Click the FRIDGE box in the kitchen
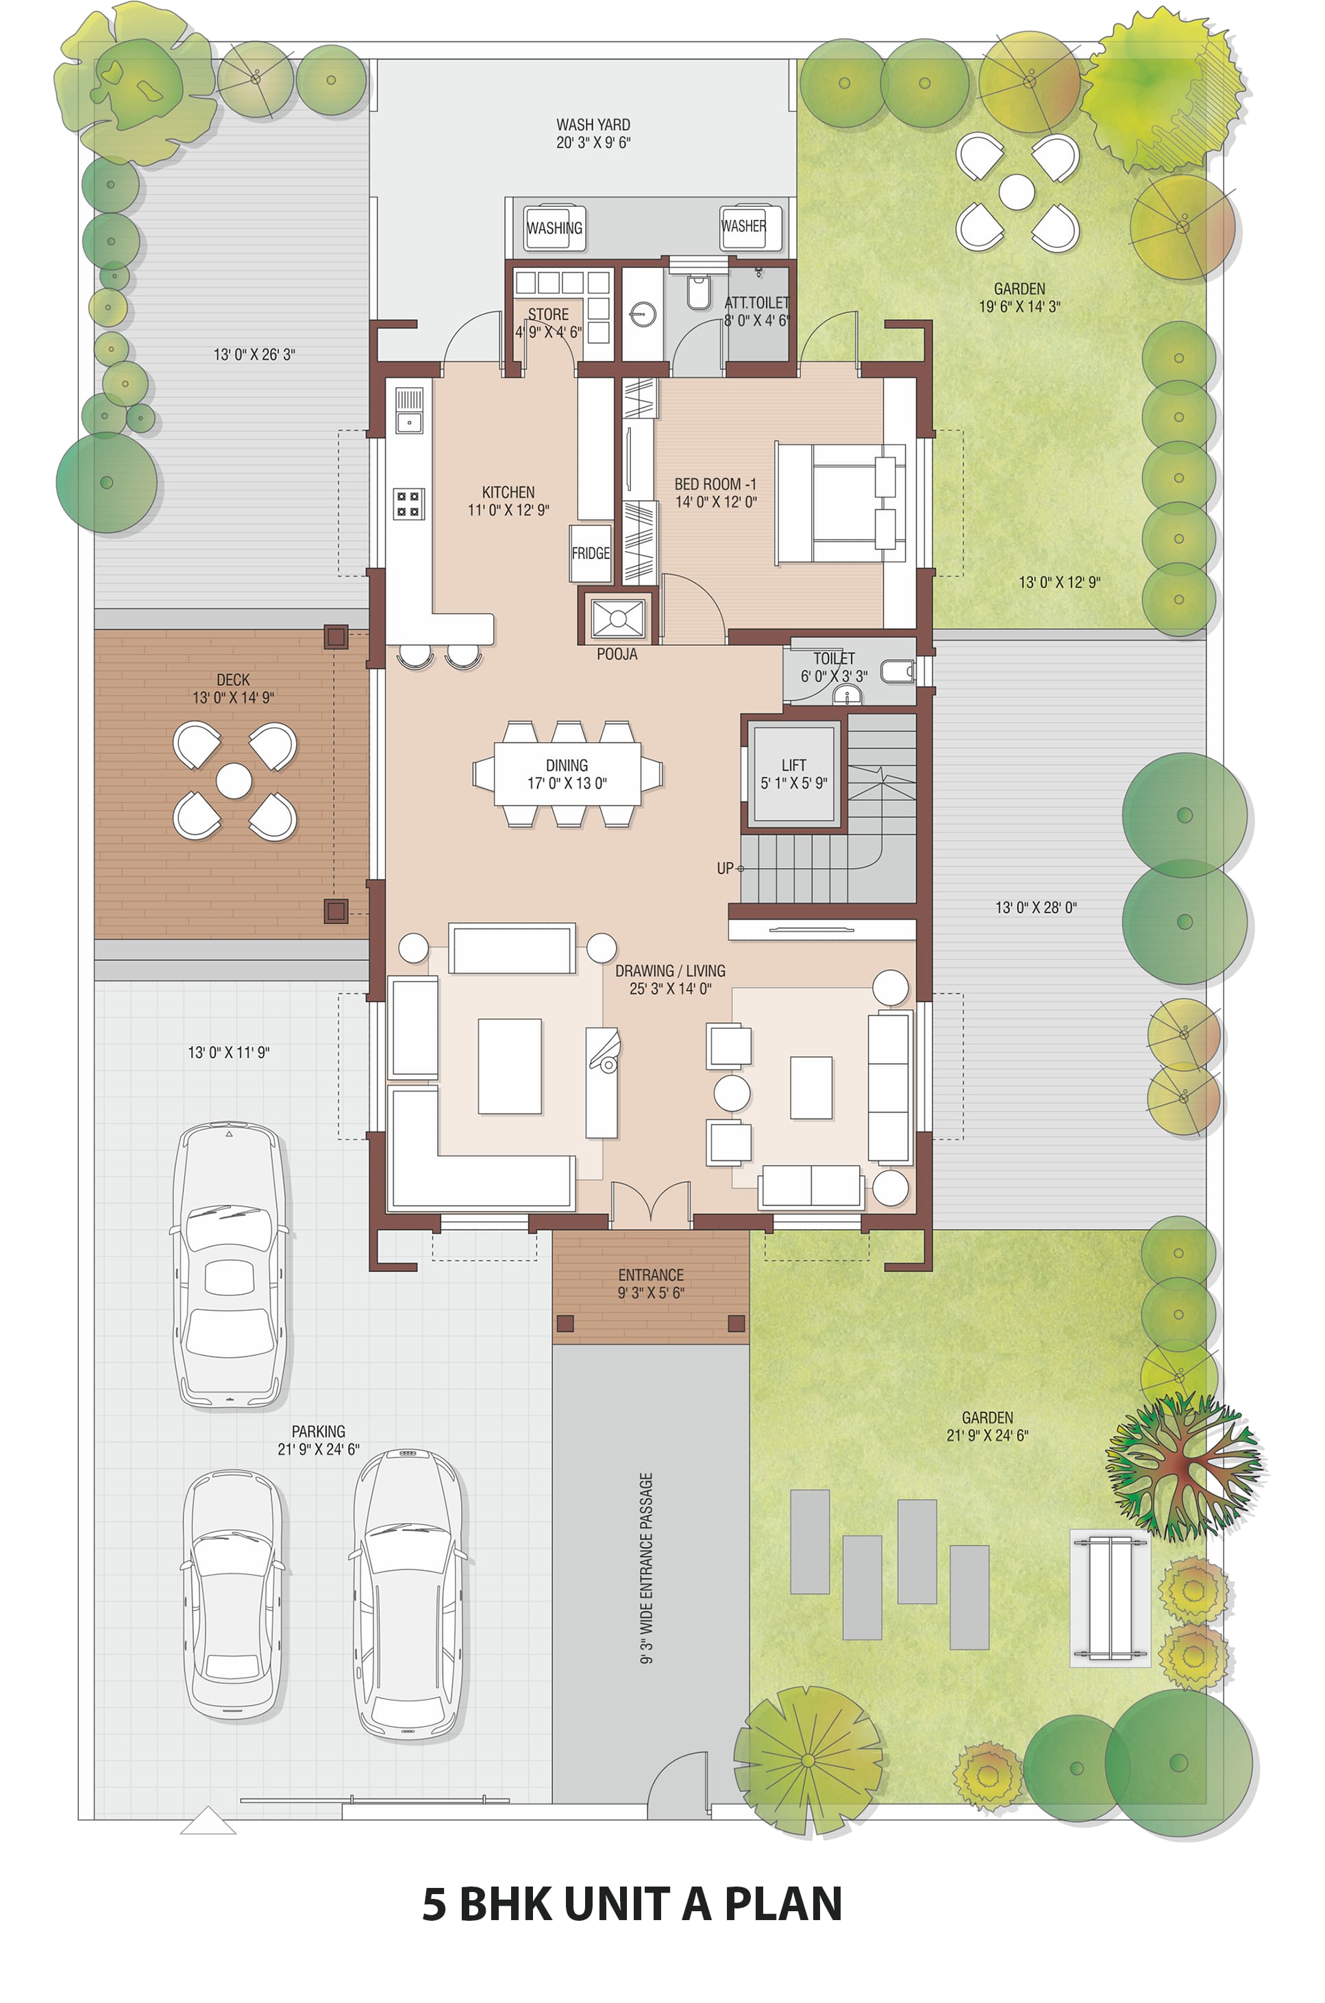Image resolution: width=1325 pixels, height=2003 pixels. pos(590,553)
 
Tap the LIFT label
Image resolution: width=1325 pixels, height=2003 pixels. pos(793,764)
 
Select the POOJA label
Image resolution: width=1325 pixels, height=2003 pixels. pos(617,654)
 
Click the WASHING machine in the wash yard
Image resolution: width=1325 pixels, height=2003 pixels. pos(554,227)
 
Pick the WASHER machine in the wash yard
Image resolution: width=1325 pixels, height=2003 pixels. pos(743,227)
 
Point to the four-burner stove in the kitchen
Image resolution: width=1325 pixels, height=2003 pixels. pos(408,504)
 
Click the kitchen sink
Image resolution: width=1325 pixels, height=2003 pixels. pos(409,410)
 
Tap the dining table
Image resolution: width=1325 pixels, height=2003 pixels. pos(567,773)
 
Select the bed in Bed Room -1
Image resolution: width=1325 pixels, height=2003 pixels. pos(841,503)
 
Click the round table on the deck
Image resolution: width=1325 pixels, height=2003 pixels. pos(234,781)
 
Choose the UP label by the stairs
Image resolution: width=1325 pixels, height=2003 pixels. pos(725,869)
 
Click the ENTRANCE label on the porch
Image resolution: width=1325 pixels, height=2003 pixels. pos(651,1275)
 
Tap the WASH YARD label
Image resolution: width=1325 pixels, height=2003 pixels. pos(593,124)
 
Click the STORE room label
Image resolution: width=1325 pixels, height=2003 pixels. pos(548,314)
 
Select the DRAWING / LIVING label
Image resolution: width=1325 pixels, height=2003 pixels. pos(670,971)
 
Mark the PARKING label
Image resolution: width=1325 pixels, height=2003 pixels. pos(319,1431)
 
